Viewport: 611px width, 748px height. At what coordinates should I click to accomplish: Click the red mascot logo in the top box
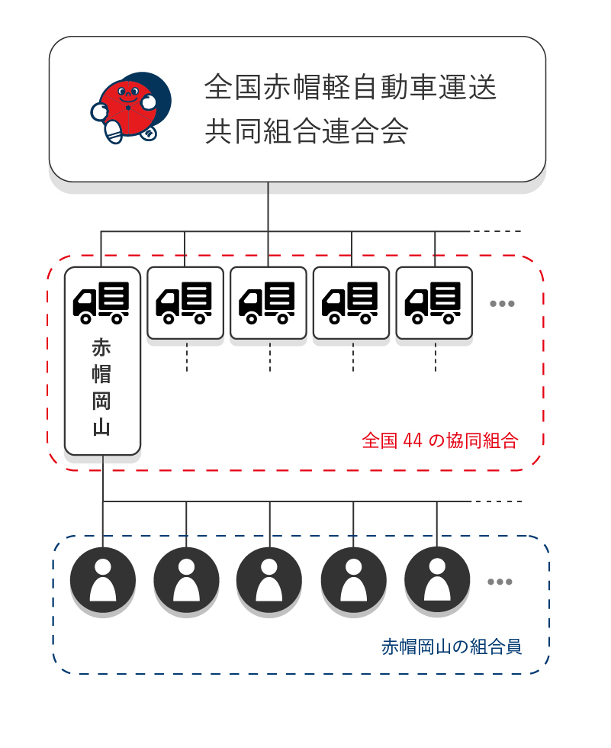coord(130,108)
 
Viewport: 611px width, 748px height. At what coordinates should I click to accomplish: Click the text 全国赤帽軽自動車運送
coord(350,88)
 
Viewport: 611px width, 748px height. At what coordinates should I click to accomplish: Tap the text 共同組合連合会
coord(307,131)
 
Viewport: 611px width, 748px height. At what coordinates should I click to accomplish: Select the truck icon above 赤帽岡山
coord(101,301)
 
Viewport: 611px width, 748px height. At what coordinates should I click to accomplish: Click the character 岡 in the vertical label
coord(101,401)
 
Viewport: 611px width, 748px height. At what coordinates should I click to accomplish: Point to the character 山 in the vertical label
coord(101,427)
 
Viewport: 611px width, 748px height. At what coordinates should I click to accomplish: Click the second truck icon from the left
coord(185,302)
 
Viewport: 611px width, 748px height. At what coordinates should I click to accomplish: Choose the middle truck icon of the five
coord(268,302)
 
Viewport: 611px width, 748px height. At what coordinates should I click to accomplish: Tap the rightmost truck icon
coord(434,302)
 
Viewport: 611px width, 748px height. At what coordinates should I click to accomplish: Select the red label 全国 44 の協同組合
coord(439,441)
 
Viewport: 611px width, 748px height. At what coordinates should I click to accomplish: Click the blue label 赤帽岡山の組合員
coord(452,647)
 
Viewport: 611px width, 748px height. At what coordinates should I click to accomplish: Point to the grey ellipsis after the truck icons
coord(502,304)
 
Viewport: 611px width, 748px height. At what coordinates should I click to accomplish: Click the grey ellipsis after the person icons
coord(500,582)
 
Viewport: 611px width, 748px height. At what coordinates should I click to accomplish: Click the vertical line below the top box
coord(268,206)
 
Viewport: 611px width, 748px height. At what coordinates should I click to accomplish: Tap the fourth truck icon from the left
coord(351,302)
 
